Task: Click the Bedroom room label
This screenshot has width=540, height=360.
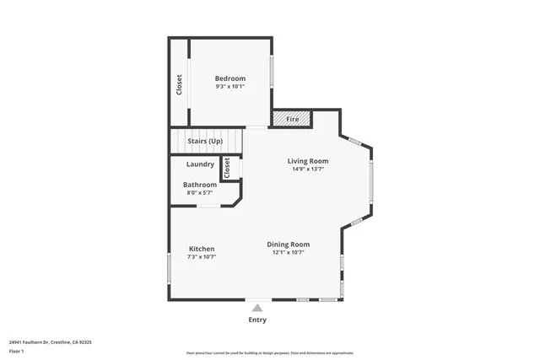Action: pos(229,78)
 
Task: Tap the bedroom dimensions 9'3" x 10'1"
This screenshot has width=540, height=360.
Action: pos(229,86)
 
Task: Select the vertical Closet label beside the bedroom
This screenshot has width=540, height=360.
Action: pos(179,84)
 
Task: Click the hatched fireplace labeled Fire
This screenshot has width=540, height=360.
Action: pos(292,120)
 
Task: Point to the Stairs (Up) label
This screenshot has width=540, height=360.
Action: pos(205,141)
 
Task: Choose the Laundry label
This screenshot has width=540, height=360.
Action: pos(200,164)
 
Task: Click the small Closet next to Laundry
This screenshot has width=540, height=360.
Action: pos(227,168)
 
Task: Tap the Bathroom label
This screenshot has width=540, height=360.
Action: pos(200,185)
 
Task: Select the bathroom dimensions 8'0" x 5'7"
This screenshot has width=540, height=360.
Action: pos(200,193)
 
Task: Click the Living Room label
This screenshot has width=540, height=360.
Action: pos(308,161)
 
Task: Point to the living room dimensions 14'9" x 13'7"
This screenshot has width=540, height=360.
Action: pos(308,169)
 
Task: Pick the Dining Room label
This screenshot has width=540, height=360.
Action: pos(289,244)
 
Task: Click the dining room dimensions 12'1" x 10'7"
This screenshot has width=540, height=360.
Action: pos(289,252)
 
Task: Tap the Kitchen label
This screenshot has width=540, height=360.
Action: pos(202,249)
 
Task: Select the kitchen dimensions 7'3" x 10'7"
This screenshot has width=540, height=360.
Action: pos(202,256)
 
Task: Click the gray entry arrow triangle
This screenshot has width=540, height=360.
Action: pos(257,309)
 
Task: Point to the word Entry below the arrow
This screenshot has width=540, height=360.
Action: pos(257,320)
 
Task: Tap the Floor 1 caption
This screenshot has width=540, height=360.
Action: pos(17,351)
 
